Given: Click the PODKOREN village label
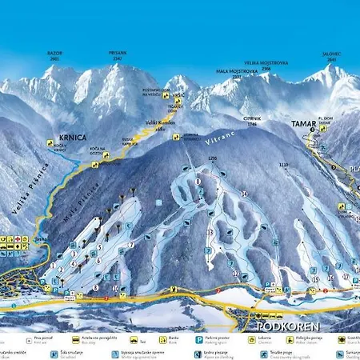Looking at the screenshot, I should (287, 327).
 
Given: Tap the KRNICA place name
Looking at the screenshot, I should (71, 137).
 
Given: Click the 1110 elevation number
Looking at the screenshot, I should (282, 164).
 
